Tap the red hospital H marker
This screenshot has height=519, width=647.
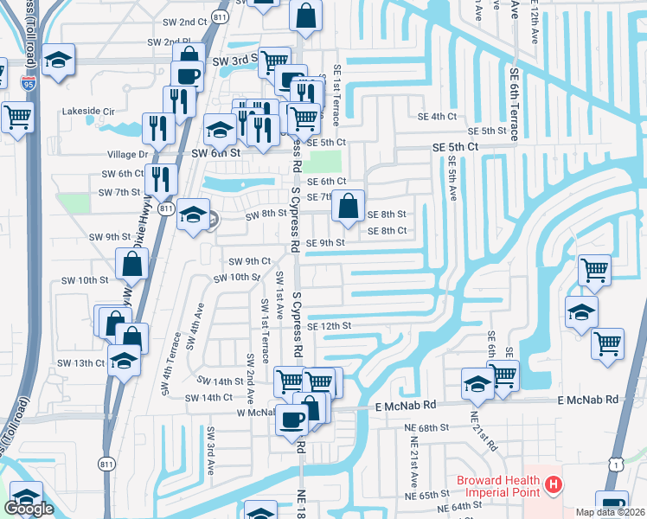pyautogui.click(x=554, y=488)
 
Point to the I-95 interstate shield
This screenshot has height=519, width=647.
pyautogui.click(x=29, y=84)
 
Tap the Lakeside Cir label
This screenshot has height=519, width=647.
pyautogui.click(x=88, y=112)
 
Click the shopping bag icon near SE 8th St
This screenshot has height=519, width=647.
pyautogui.click(x=348, y=207)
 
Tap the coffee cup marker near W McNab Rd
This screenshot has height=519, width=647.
pyautogui.click(x=291, y=421)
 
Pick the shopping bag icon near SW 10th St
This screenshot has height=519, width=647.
pyautogui.click(x=133, y=265)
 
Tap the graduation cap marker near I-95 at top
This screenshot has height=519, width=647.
pyautogui.click(x=59, y=60)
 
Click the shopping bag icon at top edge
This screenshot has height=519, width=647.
pyautogui.click(x=306, y=15)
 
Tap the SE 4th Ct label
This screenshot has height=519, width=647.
pyautogui.click(x=437, y=116)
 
